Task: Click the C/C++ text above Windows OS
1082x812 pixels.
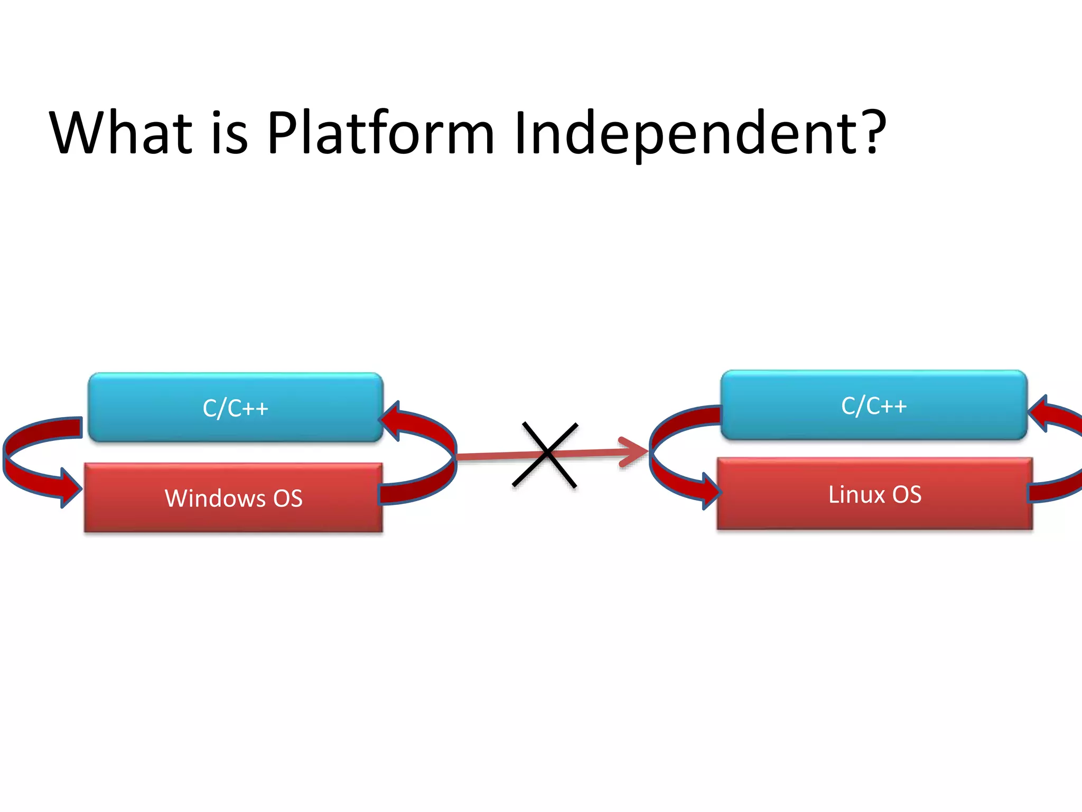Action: tap(235, 408)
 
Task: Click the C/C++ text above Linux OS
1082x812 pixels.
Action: tap(874, 405)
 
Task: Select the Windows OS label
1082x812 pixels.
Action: tap(234, 498)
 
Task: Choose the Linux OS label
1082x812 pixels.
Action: tap(874, 495)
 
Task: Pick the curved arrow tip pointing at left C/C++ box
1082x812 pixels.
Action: tap(390, 420)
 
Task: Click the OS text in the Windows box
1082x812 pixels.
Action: tap(287, 498)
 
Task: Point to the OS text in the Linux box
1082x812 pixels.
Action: tap(907, 495)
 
